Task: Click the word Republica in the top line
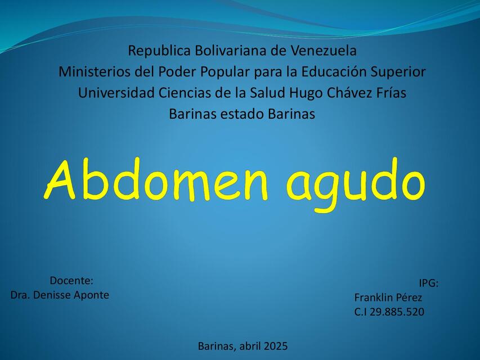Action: point(159,51)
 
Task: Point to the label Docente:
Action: point(71,281)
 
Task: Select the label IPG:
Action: point(428,283)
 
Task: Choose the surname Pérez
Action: point(410,298)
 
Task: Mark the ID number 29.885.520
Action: point(397,312)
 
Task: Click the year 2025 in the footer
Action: point(275,345)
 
